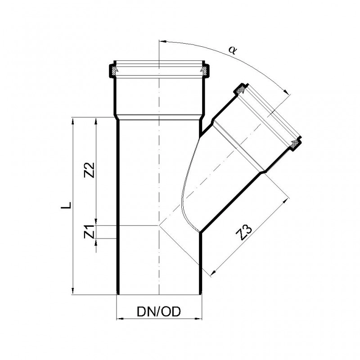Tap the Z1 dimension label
[x=89, y=232]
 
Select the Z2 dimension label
[x=89, y=170]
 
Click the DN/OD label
[x=159, y=312]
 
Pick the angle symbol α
[x=233, y=50]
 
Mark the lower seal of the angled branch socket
[x=295, y=144]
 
